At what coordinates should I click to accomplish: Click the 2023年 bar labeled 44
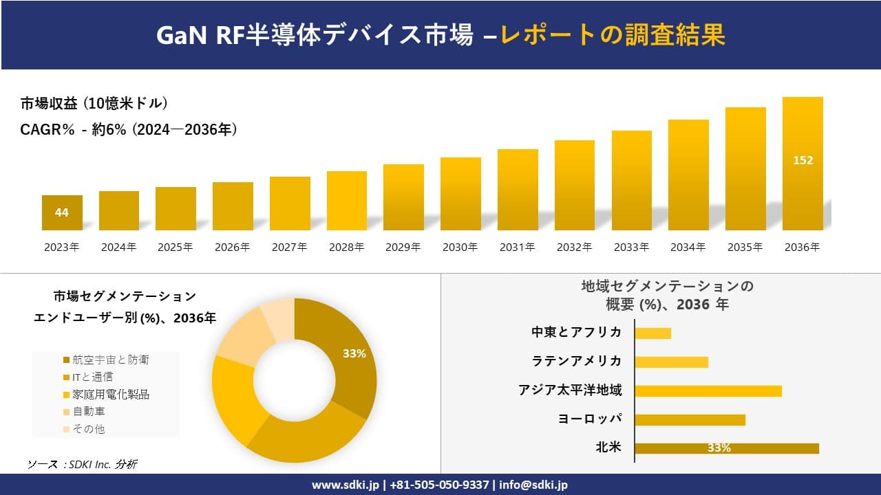[x=62, y=212]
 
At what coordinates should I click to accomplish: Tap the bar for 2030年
[x=460, y=193]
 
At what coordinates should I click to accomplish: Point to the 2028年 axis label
[x=346, y=247]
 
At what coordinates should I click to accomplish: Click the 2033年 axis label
[x=631, y=247]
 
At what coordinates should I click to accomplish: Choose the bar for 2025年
[x=176, y=208]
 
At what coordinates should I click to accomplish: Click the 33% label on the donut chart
[x=354, y=353]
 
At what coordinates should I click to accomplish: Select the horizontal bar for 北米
[x=726, y=448]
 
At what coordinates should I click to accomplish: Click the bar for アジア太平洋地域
[x=708, y=390]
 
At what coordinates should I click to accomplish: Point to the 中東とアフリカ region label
[x=577, y=333]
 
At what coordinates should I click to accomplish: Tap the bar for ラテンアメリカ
[x=671, y=362]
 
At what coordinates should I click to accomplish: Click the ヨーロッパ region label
[x=590, y=419]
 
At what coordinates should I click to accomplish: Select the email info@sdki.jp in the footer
[x=533, y=485]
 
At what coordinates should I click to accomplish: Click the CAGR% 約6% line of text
[x=129, y=129]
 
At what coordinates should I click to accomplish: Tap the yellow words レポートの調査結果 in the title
[x=613, y=35]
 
